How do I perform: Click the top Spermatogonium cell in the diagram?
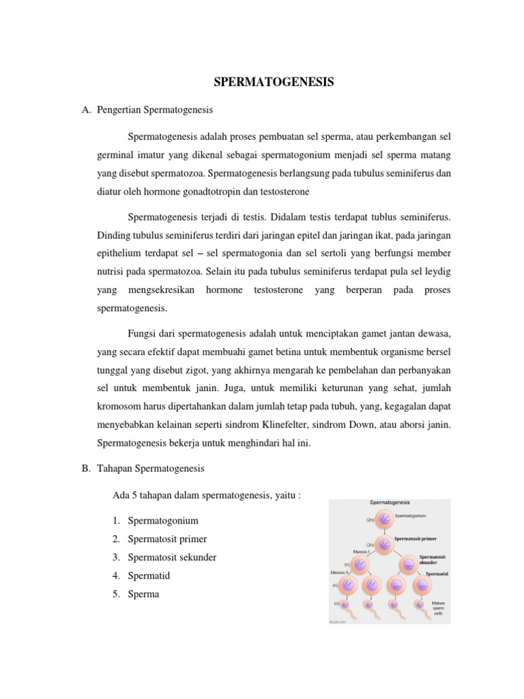(x=385, y=520)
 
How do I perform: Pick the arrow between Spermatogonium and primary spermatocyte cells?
(x=385, y=532)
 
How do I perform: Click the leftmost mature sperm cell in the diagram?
(x=346, y=605)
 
